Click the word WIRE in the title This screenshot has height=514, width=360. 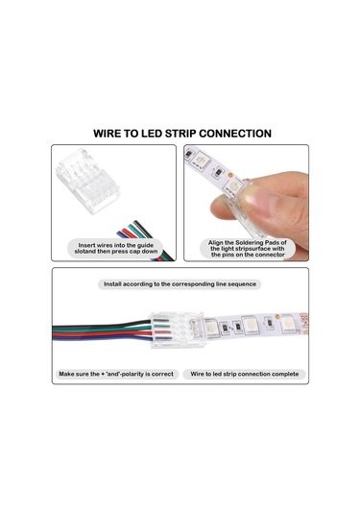(x=106, y=134)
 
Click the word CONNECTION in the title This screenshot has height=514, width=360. (x=235, y=134)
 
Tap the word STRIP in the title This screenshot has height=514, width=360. (x=180, y=134)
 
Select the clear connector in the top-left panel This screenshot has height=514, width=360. (x=87, y=181)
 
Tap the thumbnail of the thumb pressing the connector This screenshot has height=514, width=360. (x=246, y=203)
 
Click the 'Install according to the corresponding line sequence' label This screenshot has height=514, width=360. (x=180, y=284)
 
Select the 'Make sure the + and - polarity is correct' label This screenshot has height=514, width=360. (x=116, y=374)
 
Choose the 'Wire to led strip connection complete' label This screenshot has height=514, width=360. (x=245, y=374)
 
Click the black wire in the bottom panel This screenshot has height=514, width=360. (x=102, y=324)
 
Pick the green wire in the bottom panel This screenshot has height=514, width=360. (x=102, y=329)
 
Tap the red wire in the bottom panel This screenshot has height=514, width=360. (x=102, y=333)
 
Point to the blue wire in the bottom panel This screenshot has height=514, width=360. (x=102, y=337)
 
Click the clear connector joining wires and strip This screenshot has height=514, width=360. (x=178, y=330)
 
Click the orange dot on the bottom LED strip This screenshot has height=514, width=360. (x=277, y=317)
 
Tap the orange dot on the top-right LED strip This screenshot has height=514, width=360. (x=230, y=175)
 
